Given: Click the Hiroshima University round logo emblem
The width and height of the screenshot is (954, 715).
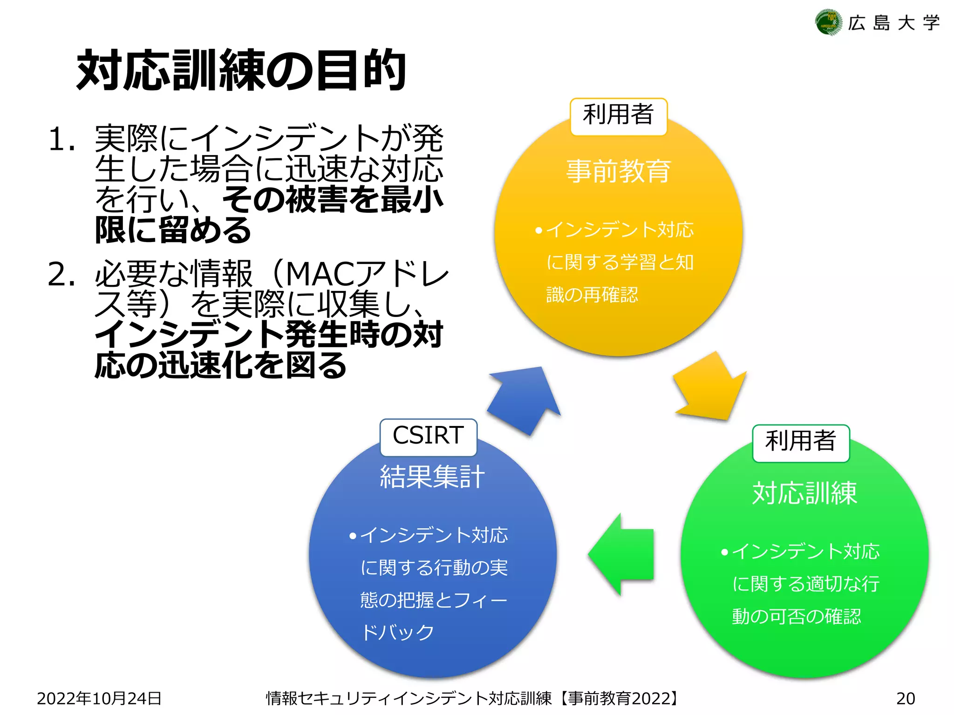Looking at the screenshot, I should [828, 22].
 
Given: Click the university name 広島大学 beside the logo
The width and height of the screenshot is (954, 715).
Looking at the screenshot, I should [894, 23].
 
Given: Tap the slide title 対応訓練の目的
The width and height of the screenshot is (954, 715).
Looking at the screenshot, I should [241, 70].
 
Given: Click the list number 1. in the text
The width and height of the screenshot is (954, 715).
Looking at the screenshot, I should [61, 139].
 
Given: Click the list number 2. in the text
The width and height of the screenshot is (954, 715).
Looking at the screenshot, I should [61, 274].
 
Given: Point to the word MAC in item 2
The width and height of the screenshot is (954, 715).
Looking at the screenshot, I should [321, 274].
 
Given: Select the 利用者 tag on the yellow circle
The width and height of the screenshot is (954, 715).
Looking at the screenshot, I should [619, 115].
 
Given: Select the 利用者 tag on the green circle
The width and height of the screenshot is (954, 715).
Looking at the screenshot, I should [801, 442].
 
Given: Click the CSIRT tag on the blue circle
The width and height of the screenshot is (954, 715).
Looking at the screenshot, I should [428, 436].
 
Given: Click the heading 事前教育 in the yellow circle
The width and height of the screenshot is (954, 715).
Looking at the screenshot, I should [619, 171].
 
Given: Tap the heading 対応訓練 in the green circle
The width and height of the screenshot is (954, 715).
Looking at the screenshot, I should [804, 493].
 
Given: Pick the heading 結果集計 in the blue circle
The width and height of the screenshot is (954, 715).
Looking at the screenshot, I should [432, 477].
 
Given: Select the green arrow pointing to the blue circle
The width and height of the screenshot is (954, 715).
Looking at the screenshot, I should [622, 554].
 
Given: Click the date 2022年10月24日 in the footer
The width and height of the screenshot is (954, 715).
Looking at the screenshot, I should [99, 698].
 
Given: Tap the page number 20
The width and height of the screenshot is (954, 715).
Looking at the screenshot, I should [906, 698].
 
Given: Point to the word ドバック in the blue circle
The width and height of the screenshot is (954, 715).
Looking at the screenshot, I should [398, 632].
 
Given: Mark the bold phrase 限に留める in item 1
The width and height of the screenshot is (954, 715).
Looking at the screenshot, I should [173, 230].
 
